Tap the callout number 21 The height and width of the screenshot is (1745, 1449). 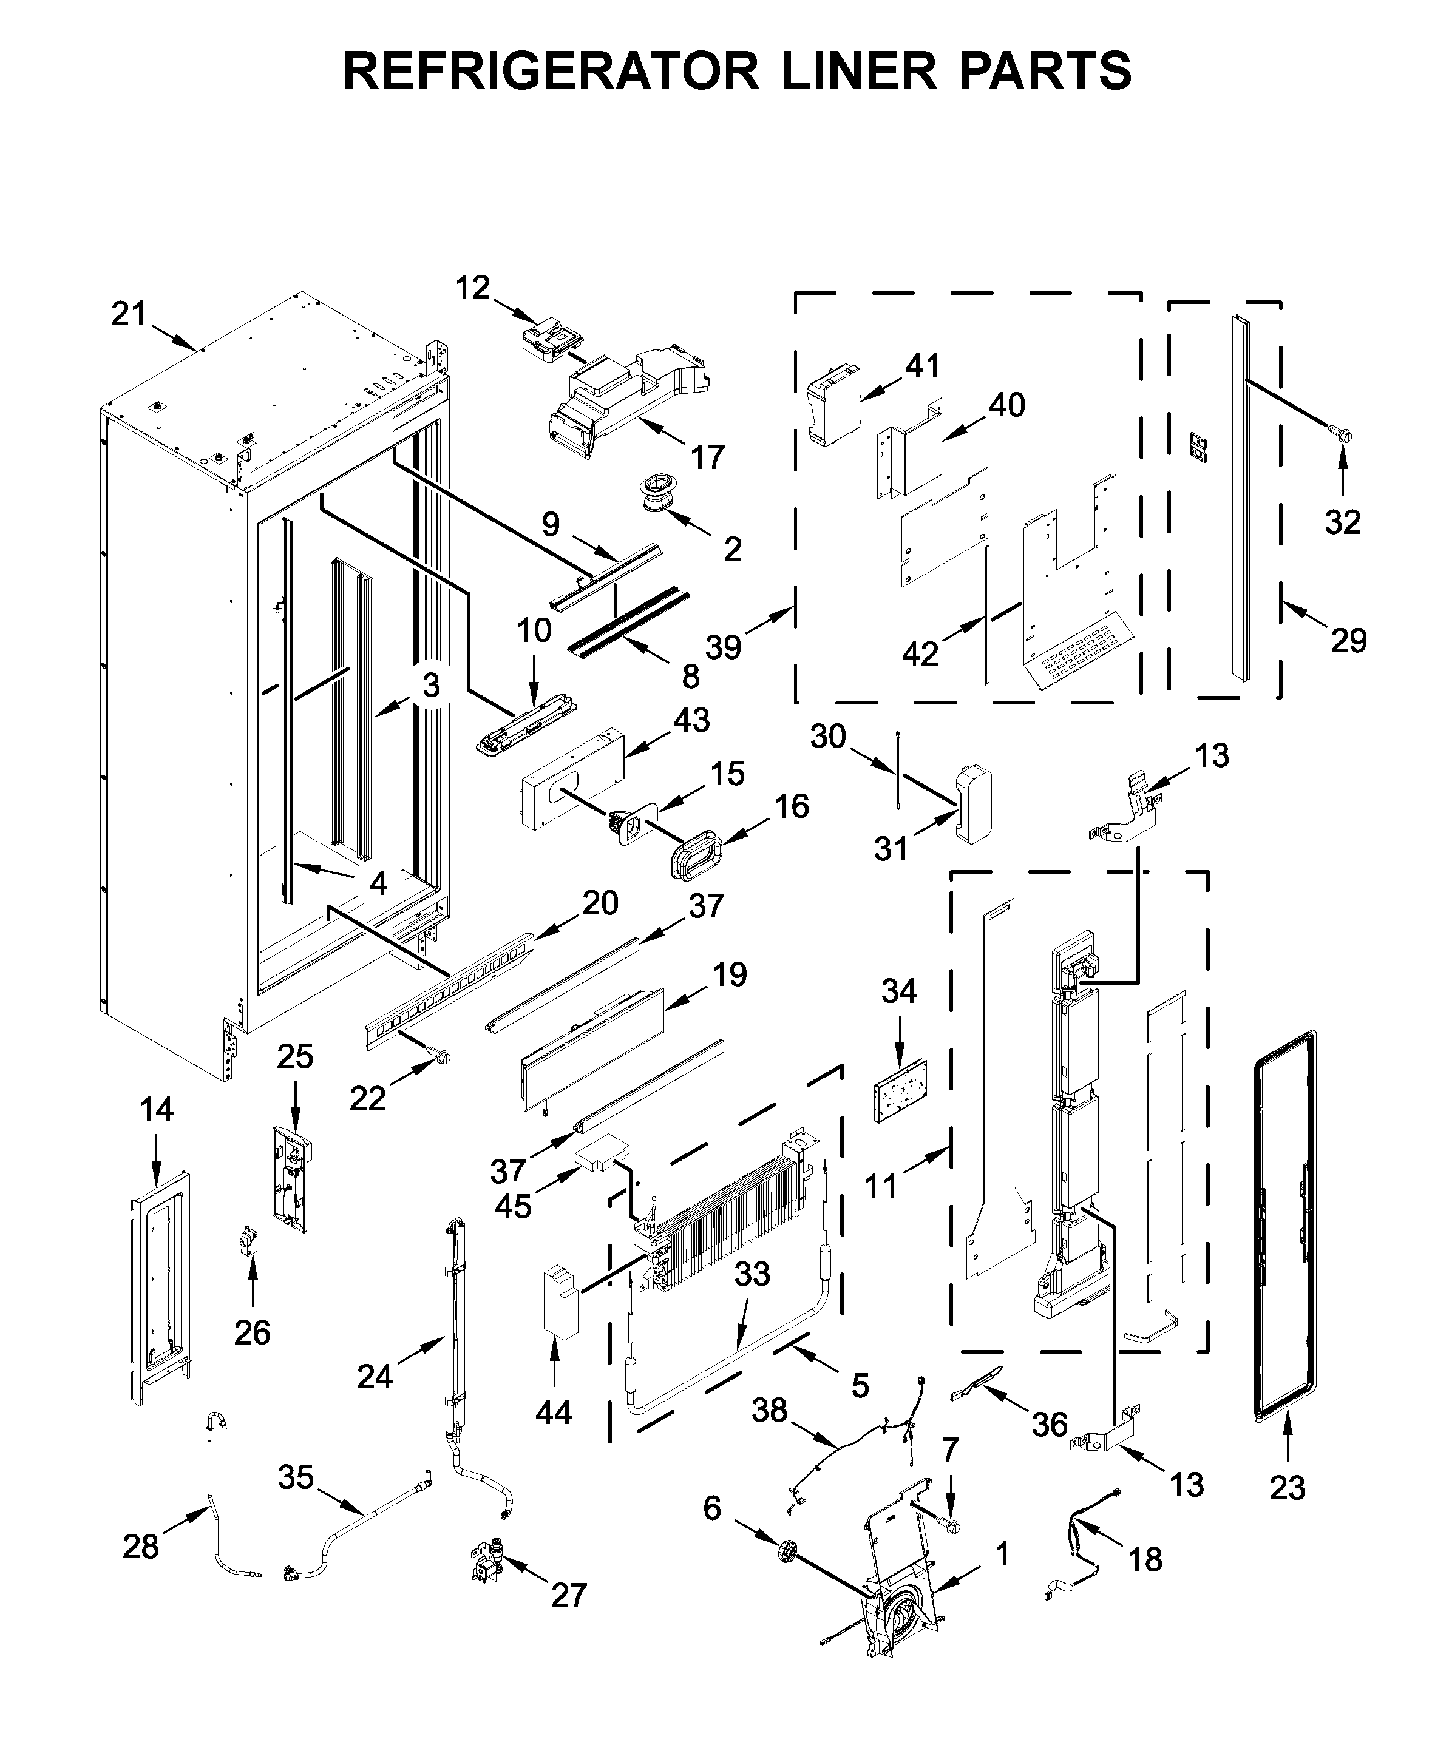(129, 314)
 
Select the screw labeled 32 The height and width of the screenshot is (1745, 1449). (1340, 433)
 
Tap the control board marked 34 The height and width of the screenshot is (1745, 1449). (900, 1091)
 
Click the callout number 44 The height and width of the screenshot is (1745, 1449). (554, 1412)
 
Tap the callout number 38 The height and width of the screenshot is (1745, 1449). (769, 1410)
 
